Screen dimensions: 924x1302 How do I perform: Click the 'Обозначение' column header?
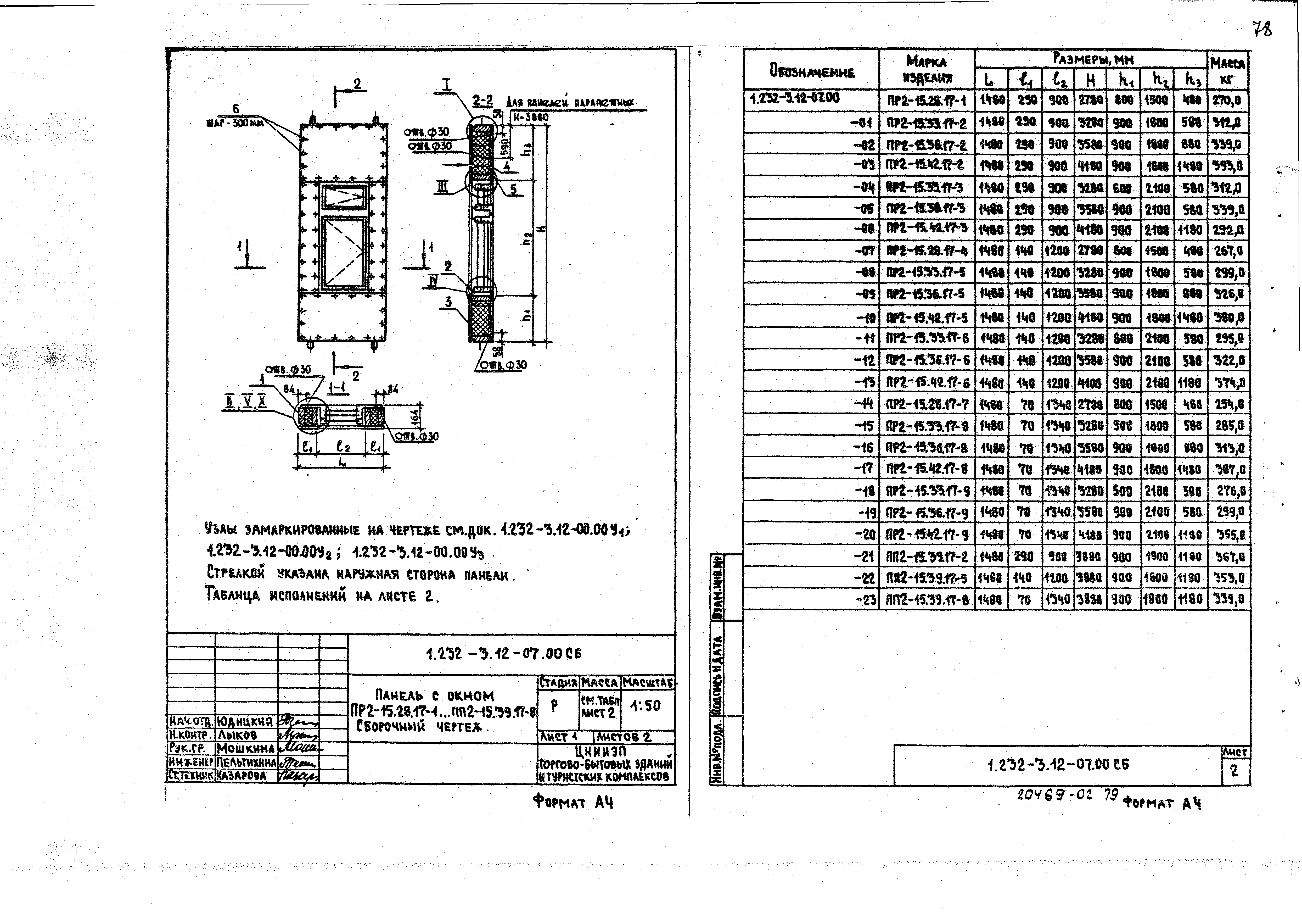pos(812,72)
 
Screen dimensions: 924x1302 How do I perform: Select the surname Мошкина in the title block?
pos(246,748)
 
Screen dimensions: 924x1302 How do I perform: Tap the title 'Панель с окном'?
pos(435,695)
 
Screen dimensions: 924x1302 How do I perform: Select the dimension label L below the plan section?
pos(341,463)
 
